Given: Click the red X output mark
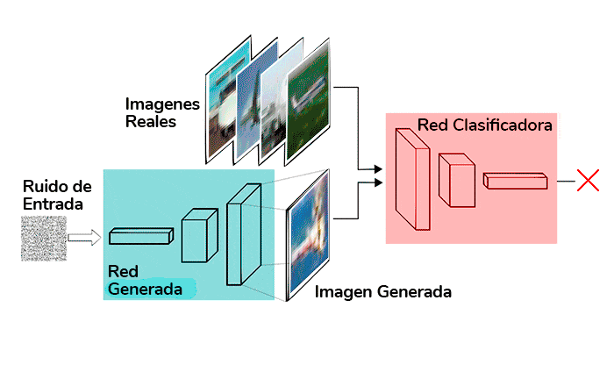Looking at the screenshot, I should tap(588, 182).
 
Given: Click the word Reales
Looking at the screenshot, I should tap(150, 121).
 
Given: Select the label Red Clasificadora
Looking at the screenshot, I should tap(484, 125).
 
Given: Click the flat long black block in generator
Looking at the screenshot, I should tap(141, 235).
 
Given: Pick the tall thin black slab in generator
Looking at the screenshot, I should tap(244, 234).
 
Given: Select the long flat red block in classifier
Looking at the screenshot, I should tap(516, 181).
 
